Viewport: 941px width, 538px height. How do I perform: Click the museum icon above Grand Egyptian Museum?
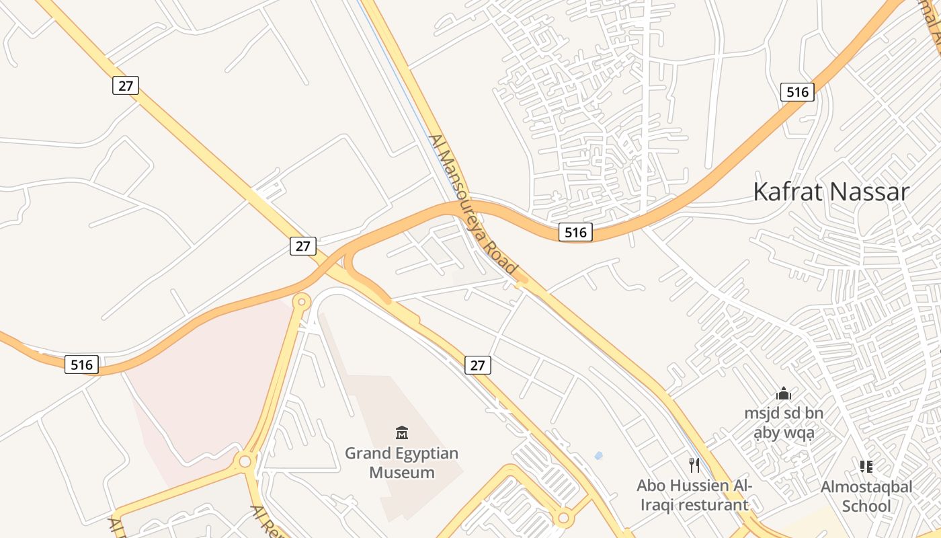pyautogui.click(x=402, y=432)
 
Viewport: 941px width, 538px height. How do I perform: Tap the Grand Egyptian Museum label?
pyautogui.click(x=402, y=463)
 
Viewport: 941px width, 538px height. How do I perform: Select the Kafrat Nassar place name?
pyautogui.click(x=831, y=192)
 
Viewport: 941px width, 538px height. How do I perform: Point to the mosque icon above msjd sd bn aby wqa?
pyautogui.click(x=784, y=394)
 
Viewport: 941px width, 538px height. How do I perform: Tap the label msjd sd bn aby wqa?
pyautogui.click(x=784, y=423)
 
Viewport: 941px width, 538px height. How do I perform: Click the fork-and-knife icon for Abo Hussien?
pyautogui.click(x=694, y=465)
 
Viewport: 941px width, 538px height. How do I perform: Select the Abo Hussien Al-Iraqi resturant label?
pyautogui.click(x=694, y=495)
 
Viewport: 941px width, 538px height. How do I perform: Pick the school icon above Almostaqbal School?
pyautogui.click(x=866, y=466)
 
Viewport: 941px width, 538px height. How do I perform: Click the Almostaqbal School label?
pyautogui.click(x=866, y=496)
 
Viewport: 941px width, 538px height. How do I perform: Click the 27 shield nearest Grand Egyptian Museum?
pyautogui.click(x=477, y=365)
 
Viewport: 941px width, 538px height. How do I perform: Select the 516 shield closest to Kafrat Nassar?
pyautogui.click(x=797, y=92)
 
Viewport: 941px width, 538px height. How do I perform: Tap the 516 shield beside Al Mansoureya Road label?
pyautogui.click(x=575, y=233)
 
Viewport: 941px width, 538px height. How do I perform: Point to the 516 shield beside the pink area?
pyautogui.click(x=82, y=364)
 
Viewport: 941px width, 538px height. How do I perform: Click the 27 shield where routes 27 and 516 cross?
pyautogui.click(x=303, y=246)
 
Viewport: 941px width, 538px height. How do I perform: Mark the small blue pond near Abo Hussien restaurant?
pyautogui.click(x=598, y=456)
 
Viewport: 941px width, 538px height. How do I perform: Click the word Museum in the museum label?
pyautogui.click(x=402, y=473)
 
